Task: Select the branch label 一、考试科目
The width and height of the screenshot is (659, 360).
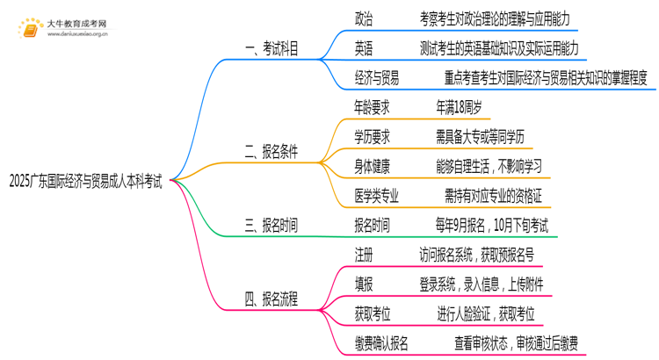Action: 271,48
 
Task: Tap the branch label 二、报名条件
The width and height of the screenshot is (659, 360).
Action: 271,151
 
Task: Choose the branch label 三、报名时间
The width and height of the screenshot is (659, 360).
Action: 271,226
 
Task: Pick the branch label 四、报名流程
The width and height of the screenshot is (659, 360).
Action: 271,299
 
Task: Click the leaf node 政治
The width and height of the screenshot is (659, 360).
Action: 364,18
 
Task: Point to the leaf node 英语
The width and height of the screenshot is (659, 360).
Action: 364,48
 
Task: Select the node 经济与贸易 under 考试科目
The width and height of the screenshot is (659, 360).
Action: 376,78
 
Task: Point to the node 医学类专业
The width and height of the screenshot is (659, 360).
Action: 376,195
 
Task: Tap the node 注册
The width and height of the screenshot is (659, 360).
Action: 364,255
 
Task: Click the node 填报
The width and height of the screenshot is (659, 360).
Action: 364,284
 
